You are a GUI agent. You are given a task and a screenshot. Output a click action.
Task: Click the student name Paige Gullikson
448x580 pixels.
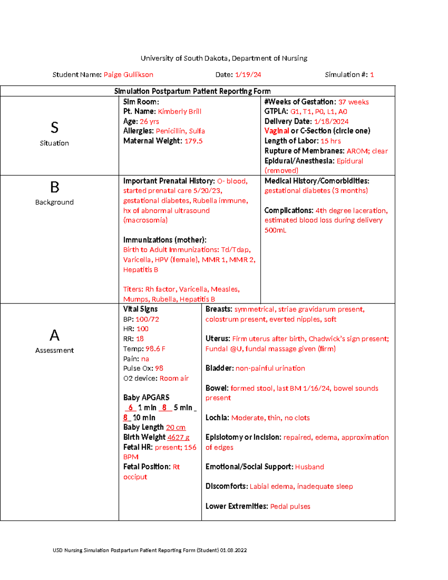[128, 75]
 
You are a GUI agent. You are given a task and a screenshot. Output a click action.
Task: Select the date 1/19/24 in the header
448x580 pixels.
[248, 75]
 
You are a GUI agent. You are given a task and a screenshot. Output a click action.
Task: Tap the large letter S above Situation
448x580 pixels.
[55, 128]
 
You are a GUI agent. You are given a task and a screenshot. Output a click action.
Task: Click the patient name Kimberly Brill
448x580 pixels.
[179, 111]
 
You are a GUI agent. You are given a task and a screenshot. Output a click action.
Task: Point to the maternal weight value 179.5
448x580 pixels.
[193, 141]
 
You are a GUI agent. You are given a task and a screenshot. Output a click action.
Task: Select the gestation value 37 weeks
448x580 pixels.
[353, 102]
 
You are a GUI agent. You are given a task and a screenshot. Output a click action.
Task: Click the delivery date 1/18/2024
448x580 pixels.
[331, 121]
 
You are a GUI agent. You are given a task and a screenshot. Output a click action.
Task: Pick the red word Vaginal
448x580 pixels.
[276, 131]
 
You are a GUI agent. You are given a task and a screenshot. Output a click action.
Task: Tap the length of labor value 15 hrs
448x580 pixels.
[330, 141]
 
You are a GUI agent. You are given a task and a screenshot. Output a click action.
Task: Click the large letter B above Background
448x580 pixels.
[55, 187]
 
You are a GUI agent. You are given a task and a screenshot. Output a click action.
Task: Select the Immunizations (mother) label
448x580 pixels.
[165, 240]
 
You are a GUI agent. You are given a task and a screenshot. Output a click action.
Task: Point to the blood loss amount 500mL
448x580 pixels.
[275, 230]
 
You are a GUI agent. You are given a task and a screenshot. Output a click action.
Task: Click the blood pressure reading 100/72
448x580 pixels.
[147, 319]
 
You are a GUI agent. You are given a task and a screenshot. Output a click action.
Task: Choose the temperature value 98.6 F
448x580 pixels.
[155, 349]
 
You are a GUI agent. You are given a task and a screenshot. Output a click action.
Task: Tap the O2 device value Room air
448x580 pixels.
[174, 378]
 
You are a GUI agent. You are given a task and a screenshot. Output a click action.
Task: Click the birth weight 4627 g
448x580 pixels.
[178, 437]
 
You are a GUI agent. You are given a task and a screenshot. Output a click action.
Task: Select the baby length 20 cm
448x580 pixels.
[175, 427]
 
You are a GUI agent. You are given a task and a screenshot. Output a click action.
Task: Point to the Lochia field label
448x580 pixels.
[217, 418]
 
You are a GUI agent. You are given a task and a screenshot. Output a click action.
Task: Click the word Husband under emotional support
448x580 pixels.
[309, 467]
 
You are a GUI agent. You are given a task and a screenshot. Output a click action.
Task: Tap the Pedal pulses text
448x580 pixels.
[290, 506]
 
